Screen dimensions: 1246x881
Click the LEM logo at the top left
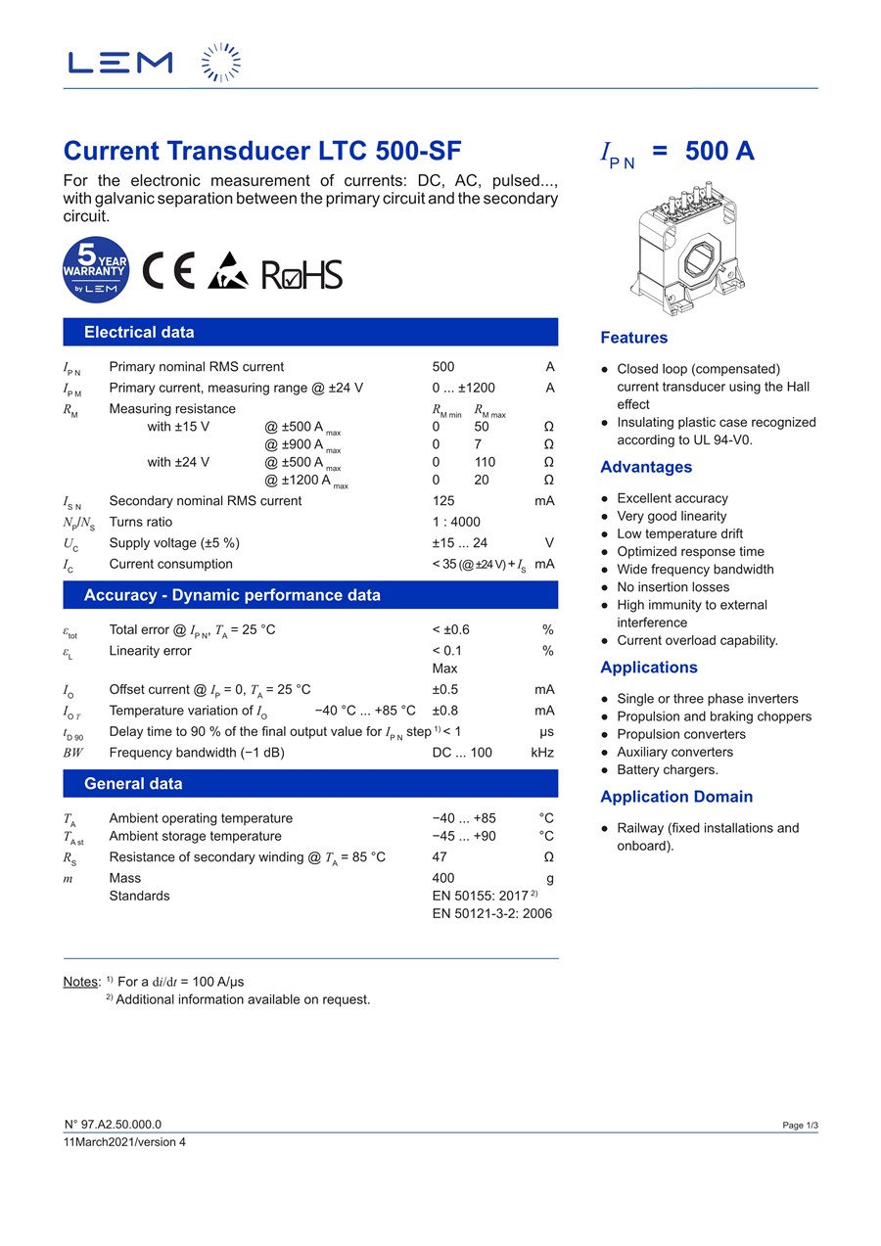[120, 63]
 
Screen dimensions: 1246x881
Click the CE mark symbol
[169, 270]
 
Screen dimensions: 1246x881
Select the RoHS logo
[301, 274]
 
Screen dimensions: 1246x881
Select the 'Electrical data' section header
[139, 332]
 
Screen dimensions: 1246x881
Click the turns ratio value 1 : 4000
[456, 522]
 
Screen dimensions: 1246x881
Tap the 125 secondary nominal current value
[443, 501]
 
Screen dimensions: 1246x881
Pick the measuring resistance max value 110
[485, 462]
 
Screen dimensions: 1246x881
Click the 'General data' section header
[133, 784]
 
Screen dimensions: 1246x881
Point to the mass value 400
[443, 878]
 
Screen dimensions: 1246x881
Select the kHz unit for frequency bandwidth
[542, 753]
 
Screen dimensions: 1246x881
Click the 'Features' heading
[633, 338]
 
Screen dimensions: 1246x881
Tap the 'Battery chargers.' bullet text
[667, 769]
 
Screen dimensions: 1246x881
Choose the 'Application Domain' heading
[676, 797]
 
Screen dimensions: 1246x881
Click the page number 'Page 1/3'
[800, 1126]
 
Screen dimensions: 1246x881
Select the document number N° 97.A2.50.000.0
[113, 1125]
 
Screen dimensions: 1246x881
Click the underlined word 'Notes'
[81, 981]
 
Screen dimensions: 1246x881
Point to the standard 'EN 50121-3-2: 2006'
[491, 913]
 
